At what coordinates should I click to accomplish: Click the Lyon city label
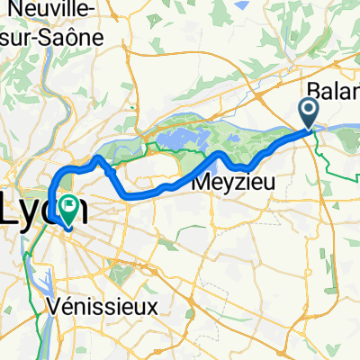(45, 210)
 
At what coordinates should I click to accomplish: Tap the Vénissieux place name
(107, 306)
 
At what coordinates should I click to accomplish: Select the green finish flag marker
(70, 209)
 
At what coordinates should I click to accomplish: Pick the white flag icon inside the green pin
(70, 204)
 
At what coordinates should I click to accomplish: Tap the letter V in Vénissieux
(59, 306)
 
